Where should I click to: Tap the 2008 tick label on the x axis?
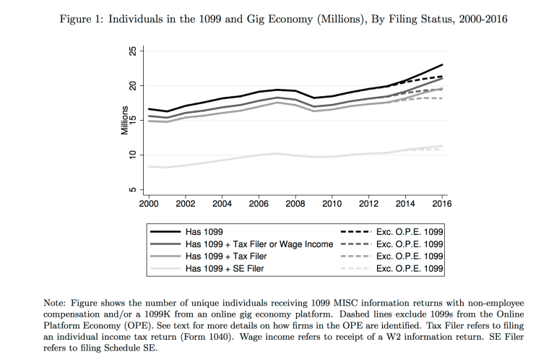coord(295,205)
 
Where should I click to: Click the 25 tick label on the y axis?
coord(131,51)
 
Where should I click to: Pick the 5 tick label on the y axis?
coord(131,190)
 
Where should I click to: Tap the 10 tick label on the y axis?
coord(131,155)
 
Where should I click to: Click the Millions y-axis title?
coord(124,121)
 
